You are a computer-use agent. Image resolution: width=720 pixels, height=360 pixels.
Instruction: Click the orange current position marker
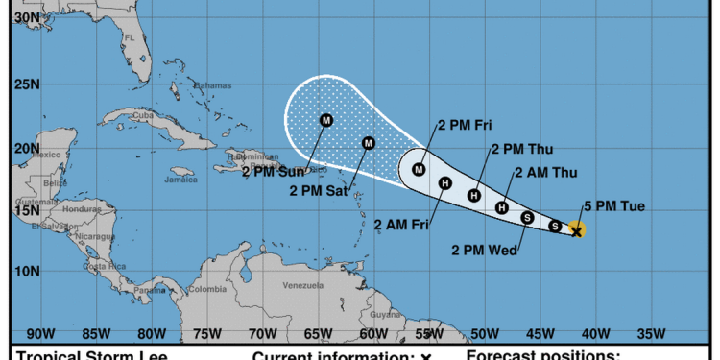(x=576, y=229)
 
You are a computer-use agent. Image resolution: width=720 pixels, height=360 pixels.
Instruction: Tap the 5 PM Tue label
(x=608, y=205)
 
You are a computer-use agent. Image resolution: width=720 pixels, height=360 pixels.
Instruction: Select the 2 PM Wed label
(x=485, y=251)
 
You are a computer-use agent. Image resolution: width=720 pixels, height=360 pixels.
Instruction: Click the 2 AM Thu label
(x=546, y=173)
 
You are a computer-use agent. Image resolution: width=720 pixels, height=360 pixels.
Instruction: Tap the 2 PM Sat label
(x=322, y=190)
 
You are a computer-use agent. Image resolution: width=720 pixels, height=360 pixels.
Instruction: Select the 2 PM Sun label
(x=273, y=172)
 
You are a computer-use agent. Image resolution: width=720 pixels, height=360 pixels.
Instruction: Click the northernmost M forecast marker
(x=326, y=120)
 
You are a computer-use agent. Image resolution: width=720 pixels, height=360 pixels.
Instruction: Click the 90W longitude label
(x=39, y=334)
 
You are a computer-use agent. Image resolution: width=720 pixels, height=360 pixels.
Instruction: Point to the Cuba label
(x=143, y=116)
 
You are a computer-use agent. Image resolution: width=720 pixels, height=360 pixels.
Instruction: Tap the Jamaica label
(x=154, y=179)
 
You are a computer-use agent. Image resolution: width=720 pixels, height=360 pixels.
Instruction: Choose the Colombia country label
(x=206, y=288)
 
